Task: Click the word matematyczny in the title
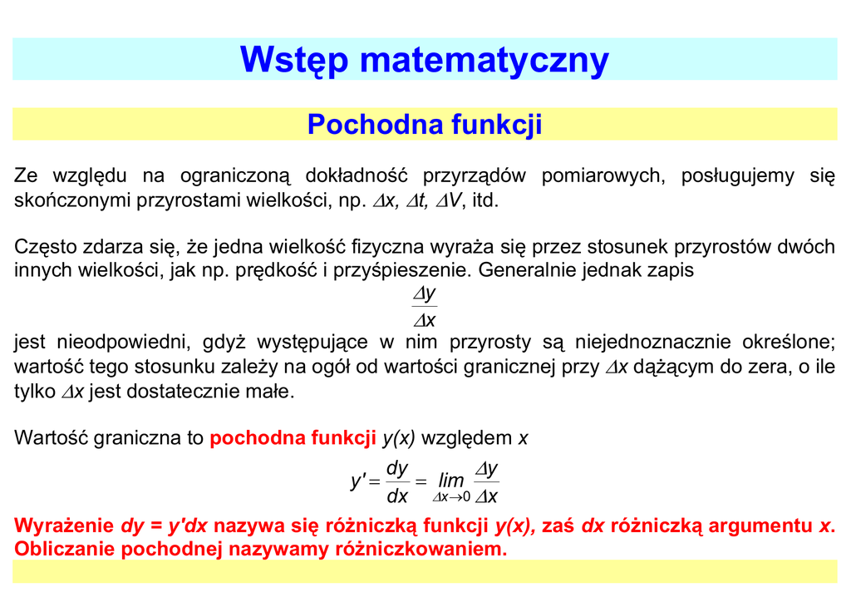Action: click(x=485, y=60)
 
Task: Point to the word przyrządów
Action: click(x=475, y=175)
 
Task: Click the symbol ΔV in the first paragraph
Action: click(x=450, y=200)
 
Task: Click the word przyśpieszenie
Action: click(x=402, y=270)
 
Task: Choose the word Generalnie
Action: click(x=534, y=270)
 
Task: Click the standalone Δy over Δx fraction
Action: click(x=425, y=307)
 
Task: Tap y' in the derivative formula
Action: click(x=358, y=481)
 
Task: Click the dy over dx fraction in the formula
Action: click(x=398, y=482)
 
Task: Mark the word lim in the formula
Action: click(x=451, y=481)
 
